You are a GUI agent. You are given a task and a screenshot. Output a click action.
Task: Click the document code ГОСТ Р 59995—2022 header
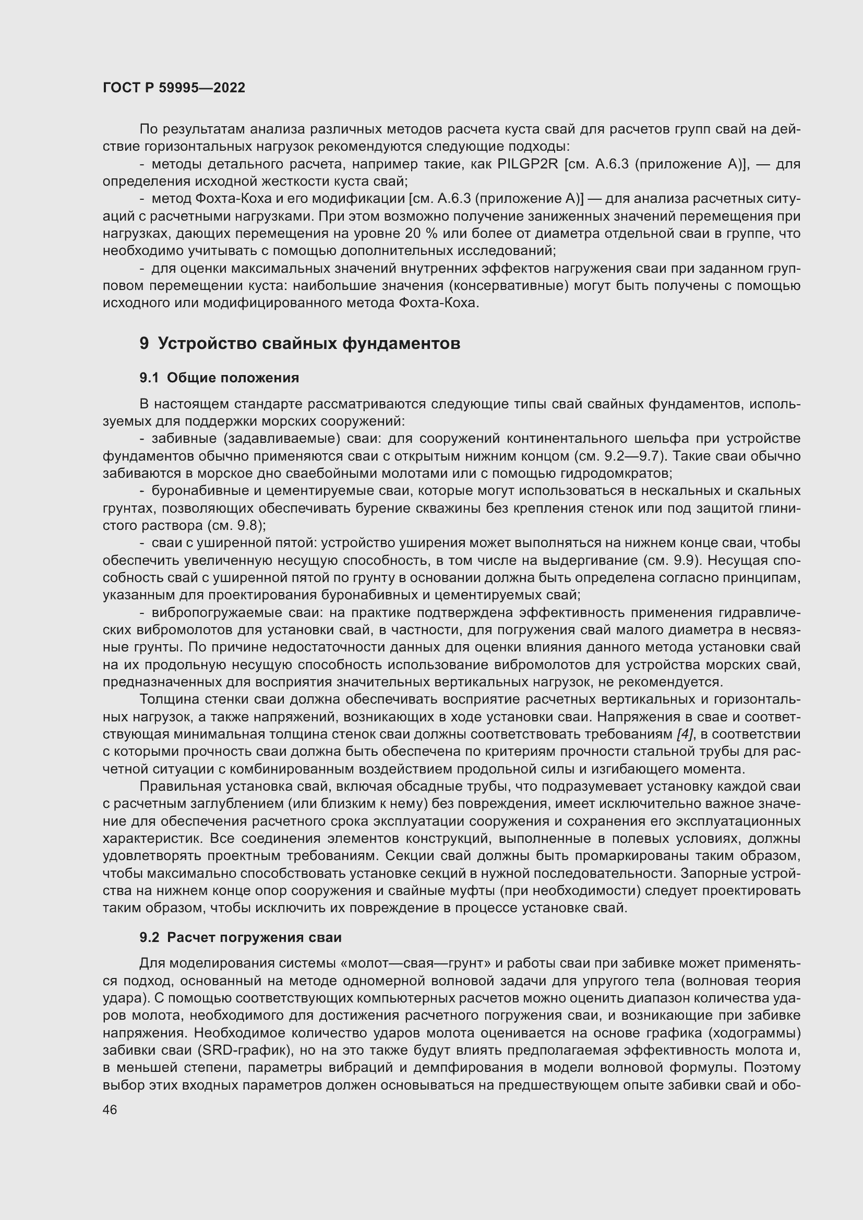click(x=174, y=88)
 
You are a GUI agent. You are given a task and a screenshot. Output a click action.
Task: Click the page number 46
click(x=110, y=1110)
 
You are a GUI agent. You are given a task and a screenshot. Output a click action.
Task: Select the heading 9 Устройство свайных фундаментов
click(x=299, y=344)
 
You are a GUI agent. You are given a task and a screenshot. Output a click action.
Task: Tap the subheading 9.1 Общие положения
click(x=219, y=378)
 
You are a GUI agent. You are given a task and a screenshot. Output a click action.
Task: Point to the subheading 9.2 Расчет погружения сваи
click(x=240, y=937)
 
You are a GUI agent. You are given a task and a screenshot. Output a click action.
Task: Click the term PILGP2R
click(x=528, y=164)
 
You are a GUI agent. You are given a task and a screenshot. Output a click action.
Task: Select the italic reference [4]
click(x=685, y=734)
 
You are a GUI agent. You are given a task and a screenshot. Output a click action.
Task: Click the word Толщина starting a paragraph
click(x=167, y=700)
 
